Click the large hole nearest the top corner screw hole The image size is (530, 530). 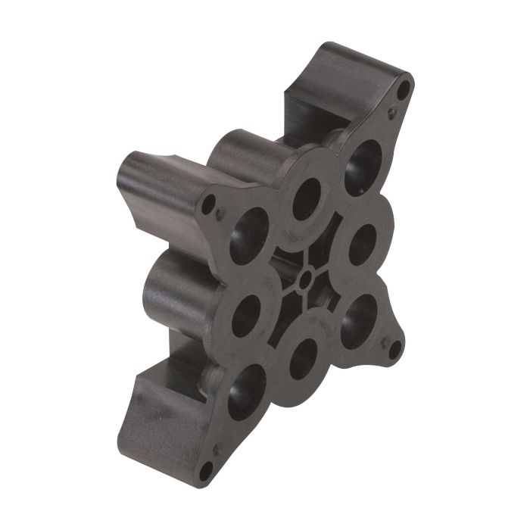(x=362, y=167)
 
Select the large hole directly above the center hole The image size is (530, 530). (x=307, y=198)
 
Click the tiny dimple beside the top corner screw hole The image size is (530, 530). (x=391, y=114)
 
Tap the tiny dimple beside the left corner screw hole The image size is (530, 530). (x=220, y=214)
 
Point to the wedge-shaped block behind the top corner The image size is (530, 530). (x=333, y=83)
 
